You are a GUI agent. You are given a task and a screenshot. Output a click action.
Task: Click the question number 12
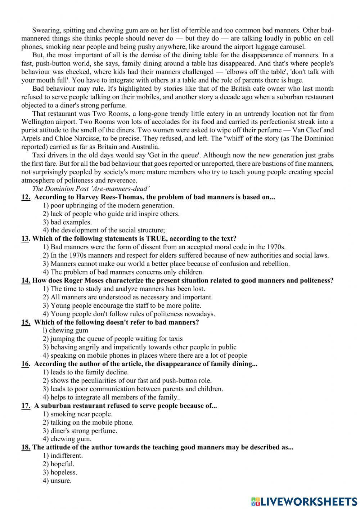tap(26, 197)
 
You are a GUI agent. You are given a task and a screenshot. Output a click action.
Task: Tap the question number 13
tap(26, 238)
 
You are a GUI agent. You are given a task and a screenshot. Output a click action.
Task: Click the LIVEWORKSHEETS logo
tap(304, 501)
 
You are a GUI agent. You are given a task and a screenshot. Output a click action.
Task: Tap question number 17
tap(26, 406)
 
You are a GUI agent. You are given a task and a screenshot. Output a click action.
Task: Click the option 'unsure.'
tap(57, 481)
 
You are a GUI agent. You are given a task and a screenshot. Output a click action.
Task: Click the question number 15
tap(26, 322)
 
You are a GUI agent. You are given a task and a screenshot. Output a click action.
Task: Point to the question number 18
tap(26, 447)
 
